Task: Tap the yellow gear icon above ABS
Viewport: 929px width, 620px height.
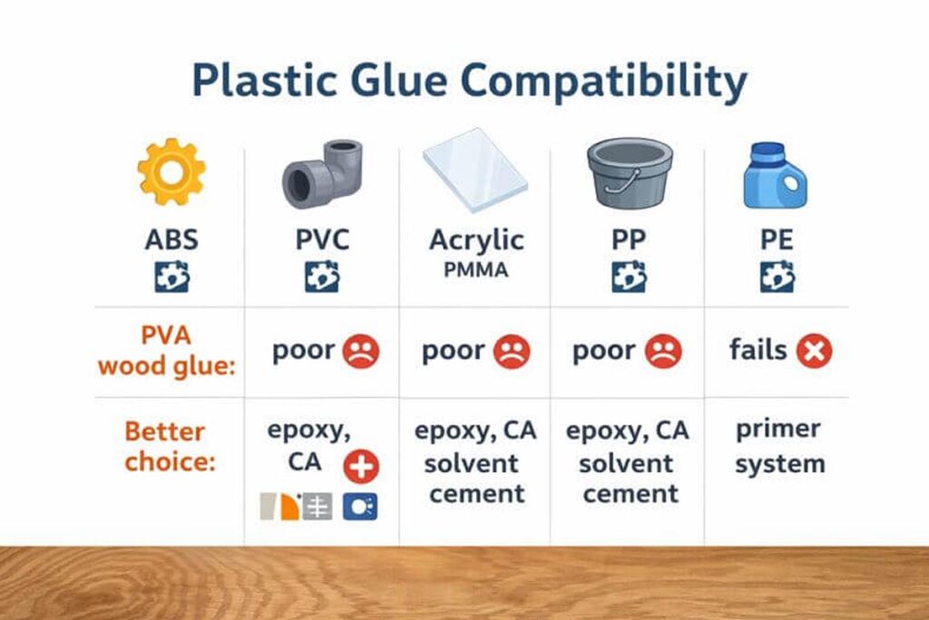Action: click(x=171, y=171)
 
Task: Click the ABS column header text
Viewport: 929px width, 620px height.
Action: click(x=171, y=240)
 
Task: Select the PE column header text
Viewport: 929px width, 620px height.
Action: click(x=777, y=240)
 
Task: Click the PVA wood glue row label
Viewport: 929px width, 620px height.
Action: click(x=166, y=351)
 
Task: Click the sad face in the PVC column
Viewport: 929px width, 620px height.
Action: click(x=361, y=351)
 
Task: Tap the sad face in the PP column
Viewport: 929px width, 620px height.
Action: click(x=663, y=351)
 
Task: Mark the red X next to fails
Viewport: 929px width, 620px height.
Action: click(x=814, y=351)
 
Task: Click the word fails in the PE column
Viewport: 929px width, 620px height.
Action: click(x=758, y=349)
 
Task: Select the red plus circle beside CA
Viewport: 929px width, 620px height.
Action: click(x=361, y=467)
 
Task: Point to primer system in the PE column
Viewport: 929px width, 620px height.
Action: click(x=778, y=446)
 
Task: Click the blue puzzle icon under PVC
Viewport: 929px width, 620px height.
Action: click(x=322, y=276)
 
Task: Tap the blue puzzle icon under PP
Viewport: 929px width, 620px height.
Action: click(x=629, y=276)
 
